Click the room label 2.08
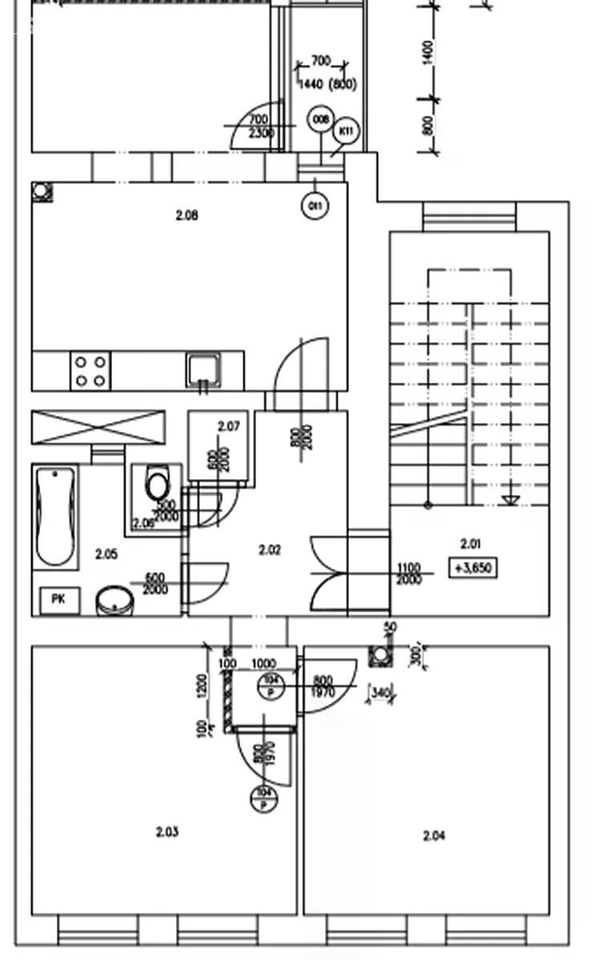coord(187,214)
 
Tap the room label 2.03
coord(167,832)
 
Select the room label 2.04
coord(434,836)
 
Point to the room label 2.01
coord(471,544)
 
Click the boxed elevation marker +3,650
coord(474,569)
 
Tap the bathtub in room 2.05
coord(55,516)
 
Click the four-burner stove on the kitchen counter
coord(90,371)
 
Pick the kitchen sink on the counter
coord(204,370)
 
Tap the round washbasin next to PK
coord(115,600)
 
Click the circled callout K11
coord(346,130)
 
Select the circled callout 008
coord(320,120)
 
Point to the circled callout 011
coord(315,206)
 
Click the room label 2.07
coord(228,426)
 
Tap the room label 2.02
coord(270,550)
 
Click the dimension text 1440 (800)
coord(326,84)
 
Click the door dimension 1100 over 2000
coord(409,574)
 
